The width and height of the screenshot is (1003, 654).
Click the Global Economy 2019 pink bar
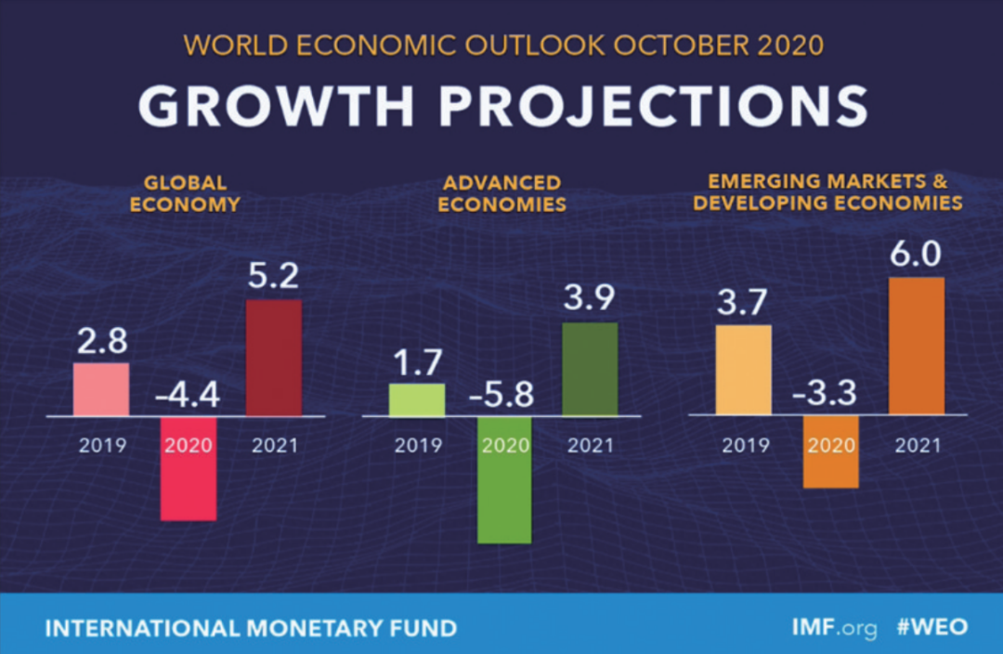tap(101, 388)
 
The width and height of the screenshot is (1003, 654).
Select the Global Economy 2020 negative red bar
tap(189, 468)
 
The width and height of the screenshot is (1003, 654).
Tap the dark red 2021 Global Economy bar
tap(274, 358)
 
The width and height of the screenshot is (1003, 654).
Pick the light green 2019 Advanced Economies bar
tap(417, 399)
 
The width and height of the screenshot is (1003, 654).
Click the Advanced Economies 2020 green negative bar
tap(504, 479)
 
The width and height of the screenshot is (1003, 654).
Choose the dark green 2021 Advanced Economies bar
tap(590, 369)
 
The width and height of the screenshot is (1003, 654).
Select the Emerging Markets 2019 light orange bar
tap(743, 370)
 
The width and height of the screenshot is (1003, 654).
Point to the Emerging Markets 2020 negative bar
tap(831, 451)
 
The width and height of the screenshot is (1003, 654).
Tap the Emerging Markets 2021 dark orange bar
tap(917, 346)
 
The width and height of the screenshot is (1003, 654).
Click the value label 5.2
tap(274, 277)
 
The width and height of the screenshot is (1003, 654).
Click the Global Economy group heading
tap(185, 192)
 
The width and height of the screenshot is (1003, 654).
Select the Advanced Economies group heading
tap(501, 192)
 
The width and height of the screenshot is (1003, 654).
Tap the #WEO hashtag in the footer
tap(931, 627)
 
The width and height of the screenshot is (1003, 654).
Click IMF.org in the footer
tap(834, 627)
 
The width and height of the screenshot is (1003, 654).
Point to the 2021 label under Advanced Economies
tap(590, 446)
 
